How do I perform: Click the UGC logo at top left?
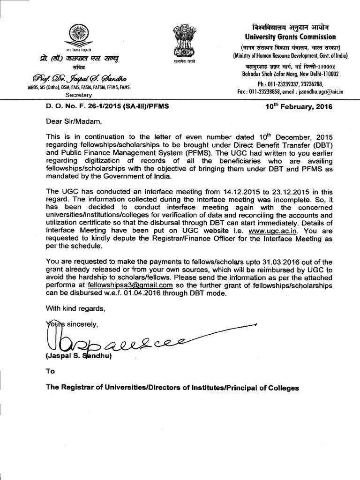[78, 36]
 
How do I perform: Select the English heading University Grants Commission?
[290, 37]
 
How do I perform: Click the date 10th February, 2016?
[299, 106]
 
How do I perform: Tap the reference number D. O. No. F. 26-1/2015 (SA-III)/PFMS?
[107, 106]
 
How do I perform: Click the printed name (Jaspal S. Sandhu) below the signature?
[78, 357]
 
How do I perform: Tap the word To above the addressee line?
[50, 371]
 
